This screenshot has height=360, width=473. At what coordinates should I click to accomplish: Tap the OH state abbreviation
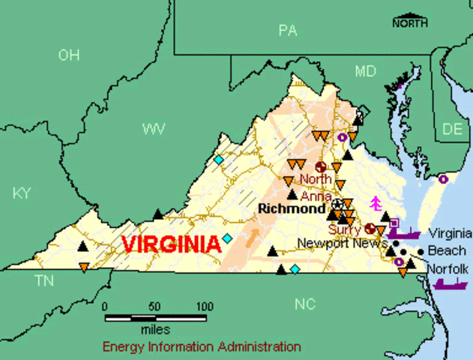pos(69,54)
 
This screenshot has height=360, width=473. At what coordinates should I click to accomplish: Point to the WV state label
pos(154,129)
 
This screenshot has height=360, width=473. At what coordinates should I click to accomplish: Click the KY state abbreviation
pos(22,193)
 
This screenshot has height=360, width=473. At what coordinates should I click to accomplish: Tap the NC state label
pos(305,304)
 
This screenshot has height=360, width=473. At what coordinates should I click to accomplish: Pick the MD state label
pos(365,71)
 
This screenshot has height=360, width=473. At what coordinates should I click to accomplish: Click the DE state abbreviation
pos(452,129)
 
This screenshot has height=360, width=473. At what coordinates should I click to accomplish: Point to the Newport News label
pos(341,244)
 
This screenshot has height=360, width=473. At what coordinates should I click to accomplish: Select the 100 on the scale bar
pos(204,306)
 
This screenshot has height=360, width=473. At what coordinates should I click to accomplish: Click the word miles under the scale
pos(155,329)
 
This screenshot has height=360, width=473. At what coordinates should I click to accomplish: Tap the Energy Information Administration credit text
pos(202,346)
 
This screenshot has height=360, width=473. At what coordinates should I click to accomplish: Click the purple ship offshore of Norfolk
pos(450,283)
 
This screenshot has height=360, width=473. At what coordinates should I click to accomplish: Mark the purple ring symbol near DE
pos(443,179)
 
